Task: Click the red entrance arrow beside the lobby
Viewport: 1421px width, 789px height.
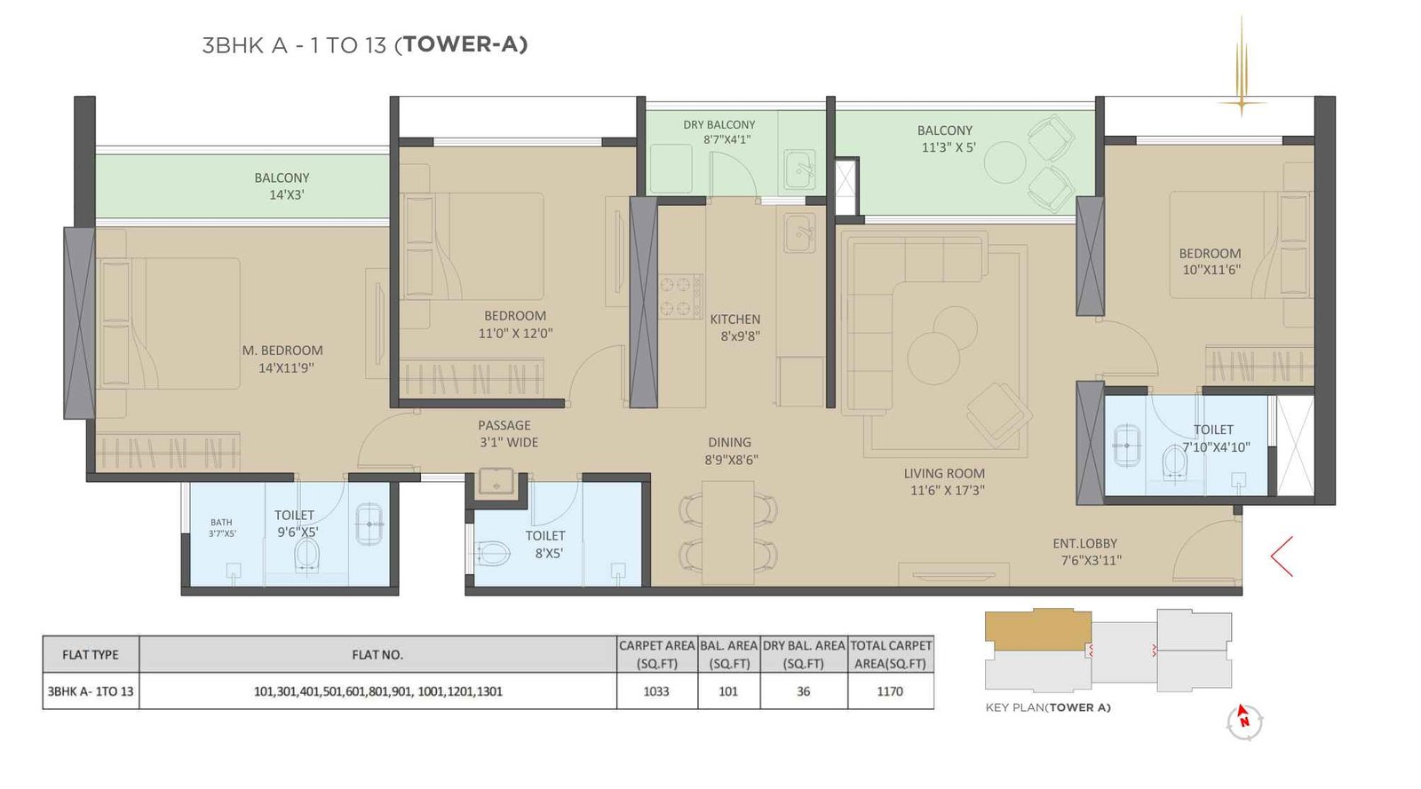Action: tap(1281, 556)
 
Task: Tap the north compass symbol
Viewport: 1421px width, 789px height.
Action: tap(1243, 721)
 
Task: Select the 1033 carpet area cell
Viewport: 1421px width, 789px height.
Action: tap(656, 691)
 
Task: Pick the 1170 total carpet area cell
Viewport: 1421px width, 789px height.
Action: tap(890, 691)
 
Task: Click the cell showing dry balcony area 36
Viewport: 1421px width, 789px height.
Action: tap(803, 691)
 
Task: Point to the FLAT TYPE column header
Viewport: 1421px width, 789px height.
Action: tap(91, 655)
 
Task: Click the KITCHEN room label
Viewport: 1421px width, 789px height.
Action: tap(735, 320)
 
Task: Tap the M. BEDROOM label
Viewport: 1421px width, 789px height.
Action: tap(282, 351)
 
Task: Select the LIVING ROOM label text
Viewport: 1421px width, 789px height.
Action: tap(944, 474)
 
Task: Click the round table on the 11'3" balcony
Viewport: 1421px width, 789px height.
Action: tap(1004, 162)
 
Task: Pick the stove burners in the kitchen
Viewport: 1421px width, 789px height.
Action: tap(680, 296)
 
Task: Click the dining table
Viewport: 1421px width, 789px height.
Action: tap(727, 532)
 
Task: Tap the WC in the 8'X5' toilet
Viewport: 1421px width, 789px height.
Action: tap(493, 555)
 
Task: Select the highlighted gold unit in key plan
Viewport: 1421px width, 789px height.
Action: tap(1036, 627)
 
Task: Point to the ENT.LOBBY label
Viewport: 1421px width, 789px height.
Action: tap(1084, 544)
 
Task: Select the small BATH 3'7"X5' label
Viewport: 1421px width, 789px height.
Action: tap(221, 528)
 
